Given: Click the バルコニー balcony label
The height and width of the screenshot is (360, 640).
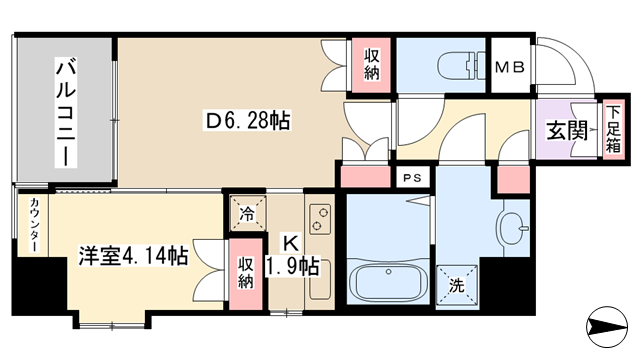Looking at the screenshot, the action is pyautogui.click(x=66, y=112).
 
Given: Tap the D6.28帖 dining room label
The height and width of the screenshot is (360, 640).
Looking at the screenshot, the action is pyautogui.click(x=248, y=120).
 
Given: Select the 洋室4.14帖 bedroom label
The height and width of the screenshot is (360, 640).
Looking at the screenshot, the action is pyautogui.click(x=133, y=256).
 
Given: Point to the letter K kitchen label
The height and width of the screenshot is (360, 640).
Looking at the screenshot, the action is pyautogui.click(x=291, y=243).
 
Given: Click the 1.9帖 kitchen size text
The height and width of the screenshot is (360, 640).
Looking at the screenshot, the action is pyautogui.click(x=292, y=267).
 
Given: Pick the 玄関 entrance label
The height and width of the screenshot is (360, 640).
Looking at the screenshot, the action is pyautogui.click(x=567, y=131).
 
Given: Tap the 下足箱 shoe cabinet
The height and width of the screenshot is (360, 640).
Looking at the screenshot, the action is pyautogui.click(x=612, y=129).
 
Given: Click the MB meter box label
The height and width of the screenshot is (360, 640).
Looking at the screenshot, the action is pyautogui.click(x=509, y=67).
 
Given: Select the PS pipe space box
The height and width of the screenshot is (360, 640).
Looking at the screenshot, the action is pyautogui.click(x=413, y=178).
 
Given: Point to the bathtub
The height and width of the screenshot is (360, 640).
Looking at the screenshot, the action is pyautogui.click(x=388, y=282).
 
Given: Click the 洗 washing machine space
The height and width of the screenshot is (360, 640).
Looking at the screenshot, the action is pyautogui.click(x=457, y=285).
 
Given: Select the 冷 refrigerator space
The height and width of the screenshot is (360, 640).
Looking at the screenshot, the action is pyautogui.click(x=247, y=214).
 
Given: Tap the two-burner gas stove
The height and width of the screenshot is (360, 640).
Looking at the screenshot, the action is pyautogui.click(x=320, y=219).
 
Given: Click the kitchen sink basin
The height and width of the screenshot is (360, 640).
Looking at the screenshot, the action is pyautogui.click(x=320, y=283).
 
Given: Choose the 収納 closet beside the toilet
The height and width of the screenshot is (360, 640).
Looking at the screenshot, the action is pyautogui.click(x=371, y=64).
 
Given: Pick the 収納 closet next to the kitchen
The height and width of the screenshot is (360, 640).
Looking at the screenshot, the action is pyautogui.click(x=245, y=273).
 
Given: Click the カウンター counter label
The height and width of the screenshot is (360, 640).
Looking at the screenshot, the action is pyautogui.click(x=34, y=225).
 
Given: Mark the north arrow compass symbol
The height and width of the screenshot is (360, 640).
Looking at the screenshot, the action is pyautogui.click(x=607, y=327).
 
